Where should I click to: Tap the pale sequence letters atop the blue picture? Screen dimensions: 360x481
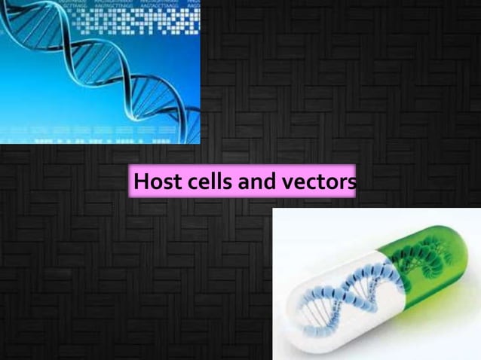point(143,5)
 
